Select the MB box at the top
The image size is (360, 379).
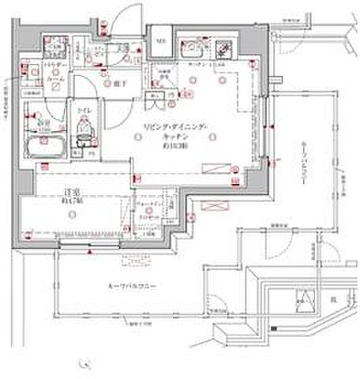(x=160, y=41)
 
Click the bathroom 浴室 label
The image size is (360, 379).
(x=42, y=124)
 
